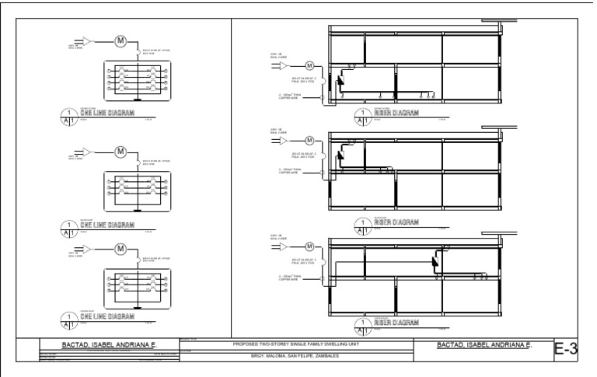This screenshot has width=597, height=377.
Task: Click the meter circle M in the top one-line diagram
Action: [x=120, y=41]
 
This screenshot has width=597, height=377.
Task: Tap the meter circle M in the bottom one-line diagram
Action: [x=120, y=249]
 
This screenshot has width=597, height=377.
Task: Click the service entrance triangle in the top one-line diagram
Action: [x=87, y=41]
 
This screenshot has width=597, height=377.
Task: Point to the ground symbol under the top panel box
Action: [x=136, y=99]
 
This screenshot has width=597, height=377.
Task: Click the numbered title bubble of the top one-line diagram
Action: [x=70, y=117]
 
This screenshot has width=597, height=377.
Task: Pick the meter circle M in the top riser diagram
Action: [x=309, y=65]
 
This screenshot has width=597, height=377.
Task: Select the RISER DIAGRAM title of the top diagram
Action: [x=396, y=114]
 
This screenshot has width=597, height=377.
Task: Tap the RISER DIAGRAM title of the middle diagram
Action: [x=396, y=223]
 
